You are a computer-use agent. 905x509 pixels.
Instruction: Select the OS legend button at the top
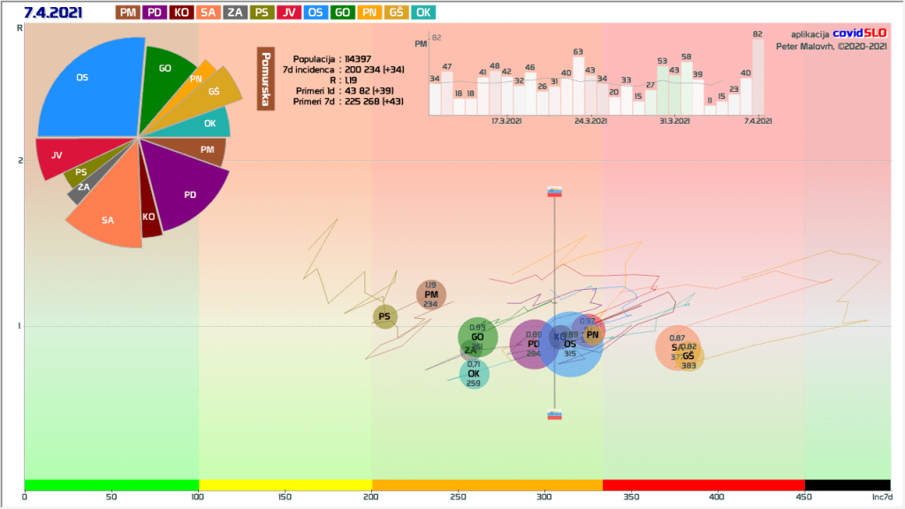316,12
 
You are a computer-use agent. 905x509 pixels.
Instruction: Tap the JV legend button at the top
289,12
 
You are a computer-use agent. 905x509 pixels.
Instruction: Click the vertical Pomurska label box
264,79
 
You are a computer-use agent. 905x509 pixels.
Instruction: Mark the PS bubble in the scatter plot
384,316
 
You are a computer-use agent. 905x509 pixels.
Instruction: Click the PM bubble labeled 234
431,295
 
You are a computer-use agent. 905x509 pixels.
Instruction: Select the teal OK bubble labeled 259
474,375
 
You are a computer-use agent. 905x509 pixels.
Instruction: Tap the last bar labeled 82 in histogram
757,77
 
